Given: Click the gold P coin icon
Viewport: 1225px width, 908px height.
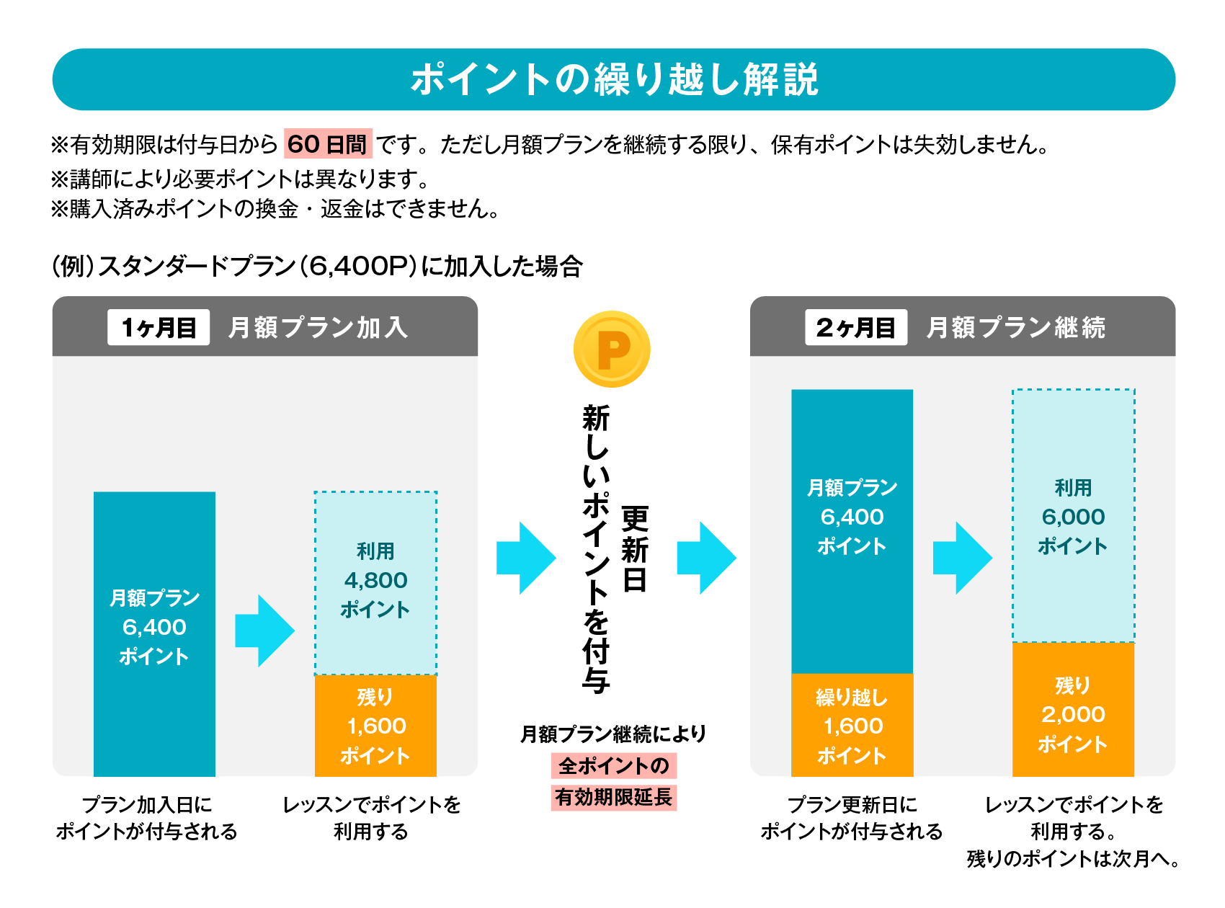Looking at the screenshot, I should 612,349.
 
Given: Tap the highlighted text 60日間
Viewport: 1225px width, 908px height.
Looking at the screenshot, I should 328,144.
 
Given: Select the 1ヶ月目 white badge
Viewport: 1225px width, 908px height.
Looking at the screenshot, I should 159,328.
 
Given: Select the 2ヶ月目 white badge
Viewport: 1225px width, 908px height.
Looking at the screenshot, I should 855,328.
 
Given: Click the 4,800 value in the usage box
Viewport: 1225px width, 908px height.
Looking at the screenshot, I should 375,580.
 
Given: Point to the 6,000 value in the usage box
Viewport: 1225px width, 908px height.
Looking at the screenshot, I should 1073,517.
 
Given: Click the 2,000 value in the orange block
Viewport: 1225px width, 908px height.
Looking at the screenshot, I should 1073,714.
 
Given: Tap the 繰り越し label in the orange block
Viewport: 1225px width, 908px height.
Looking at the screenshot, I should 852,697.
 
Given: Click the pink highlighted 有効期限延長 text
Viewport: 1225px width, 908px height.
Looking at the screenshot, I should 613,797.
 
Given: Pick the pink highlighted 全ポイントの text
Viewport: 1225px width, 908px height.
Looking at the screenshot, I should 613,765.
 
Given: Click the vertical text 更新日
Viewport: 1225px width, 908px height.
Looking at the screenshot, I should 634,548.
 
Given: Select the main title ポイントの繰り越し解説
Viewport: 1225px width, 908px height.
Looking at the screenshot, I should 614,79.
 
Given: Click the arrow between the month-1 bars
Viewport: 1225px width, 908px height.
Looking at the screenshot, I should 264,631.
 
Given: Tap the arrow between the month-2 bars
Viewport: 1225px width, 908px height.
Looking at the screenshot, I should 961,558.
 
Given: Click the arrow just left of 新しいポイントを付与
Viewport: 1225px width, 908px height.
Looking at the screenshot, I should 525,558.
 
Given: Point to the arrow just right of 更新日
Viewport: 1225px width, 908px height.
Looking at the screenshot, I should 705,558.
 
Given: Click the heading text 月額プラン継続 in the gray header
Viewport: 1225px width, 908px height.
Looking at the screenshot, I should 1015,328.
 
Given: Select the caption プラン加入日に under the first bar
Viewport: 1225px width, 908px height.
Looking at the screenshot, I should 147,804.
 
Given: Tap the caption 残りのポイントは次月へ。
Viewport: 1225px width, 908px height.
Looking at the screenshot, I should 1073,859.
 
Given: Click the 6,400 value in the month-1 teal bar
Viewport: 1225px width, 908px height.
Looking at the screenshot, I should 154,627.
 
